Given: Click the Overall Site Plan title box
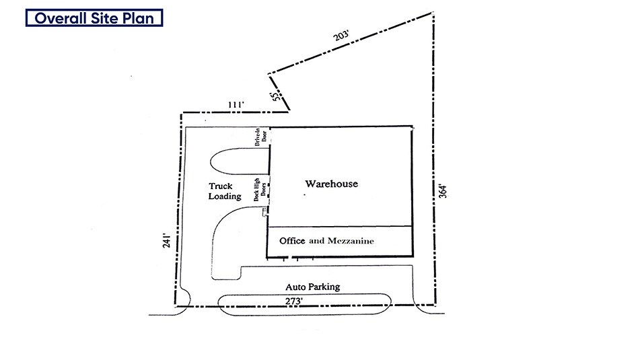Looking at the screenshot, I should tap(94, 18).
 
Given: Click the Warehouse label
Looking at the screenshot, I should tap(331, 184).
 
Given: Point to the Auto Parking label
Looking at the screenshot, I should tap(312, 287).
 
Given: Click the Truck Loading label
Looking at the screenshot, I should tap(224, 191).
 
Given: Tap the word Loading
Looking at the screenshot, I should tap(224, 196).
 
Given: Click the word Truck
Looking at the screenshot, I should tap(220, 186).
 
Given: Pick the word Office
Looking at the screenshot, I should tap(293, 241).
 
